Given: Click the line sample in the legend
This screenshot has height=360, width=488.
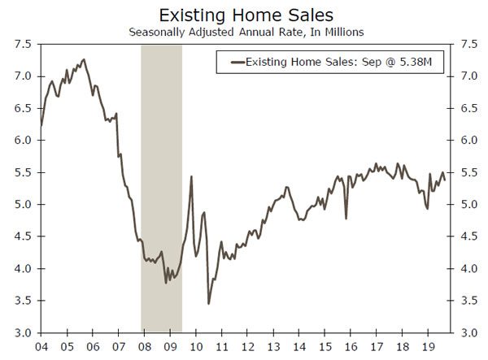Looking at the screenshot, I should point(237,62).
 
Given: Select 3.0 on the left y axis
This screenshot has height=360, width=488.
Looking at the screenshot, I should point(23,332).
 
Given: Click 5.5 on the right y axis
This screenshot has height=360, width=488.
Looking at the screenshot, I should point(469,172).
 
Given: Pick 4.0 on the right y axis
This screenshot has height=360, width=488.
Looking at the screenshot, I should point(469,268).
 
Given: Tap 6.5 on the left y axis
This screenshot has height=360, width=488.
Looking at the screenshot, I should point(23,108).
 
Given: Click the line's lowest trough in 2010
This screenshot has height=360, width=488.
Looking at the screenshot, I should point(208,304).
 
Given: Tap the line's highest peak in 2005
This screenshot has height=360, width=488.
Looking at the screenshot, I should point(83,59).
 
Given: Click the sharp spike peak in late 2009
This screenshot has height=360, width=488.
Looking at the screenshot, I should point(191,176).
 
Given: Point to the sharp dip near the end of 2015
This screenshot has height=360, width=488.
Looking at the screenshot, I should point(346,218).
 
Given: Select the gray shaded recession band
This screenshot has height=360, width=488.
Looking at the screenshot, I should point(161,187).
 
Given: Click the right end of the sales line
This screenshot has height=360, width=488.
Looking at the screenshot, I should point(444,180).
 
